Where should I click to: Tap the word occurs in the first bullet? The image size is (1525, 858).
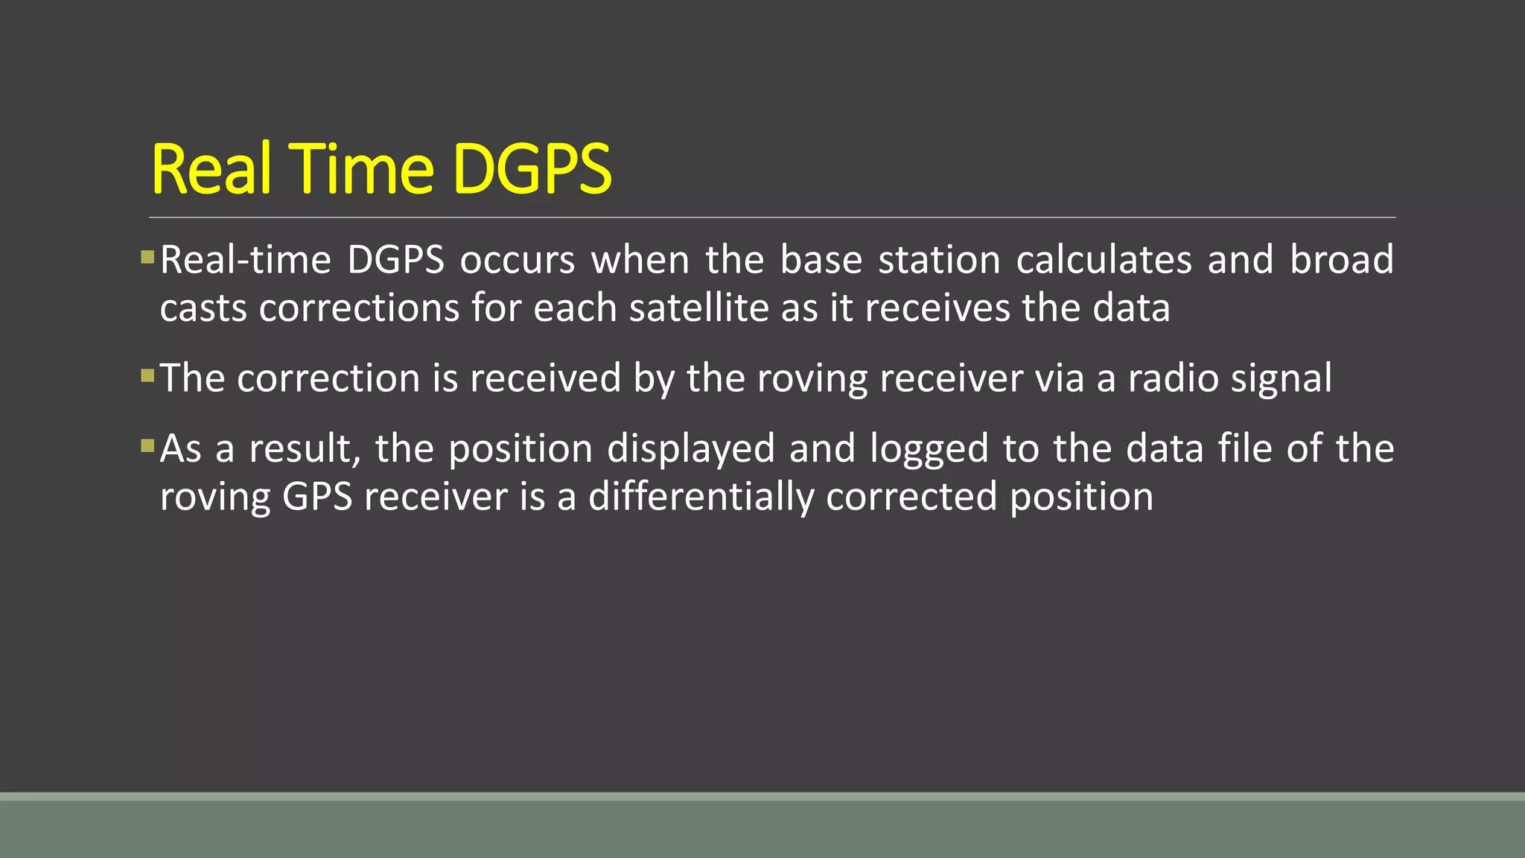click(517, 260)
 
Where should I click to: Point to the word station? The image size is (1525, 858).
click(939, 260)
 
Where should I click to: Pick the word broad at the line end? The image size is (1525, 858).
click(1341, 260)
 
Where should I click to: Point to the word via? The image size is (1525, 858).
click(1060, 378)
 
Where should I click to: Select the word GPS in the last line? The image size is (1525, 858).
click(317, 497)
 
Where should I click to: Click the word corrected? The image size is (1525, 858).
click(911, 497)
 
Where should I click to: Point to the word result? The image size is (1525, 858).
click(305, 449)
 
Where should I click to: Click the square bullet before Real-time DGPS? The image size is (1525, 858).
click(147, 258)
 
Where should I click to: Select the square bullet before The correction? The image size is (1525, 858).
click(147, 375)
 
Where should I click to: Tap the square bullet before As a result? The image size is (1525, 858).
click(147, 446)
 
